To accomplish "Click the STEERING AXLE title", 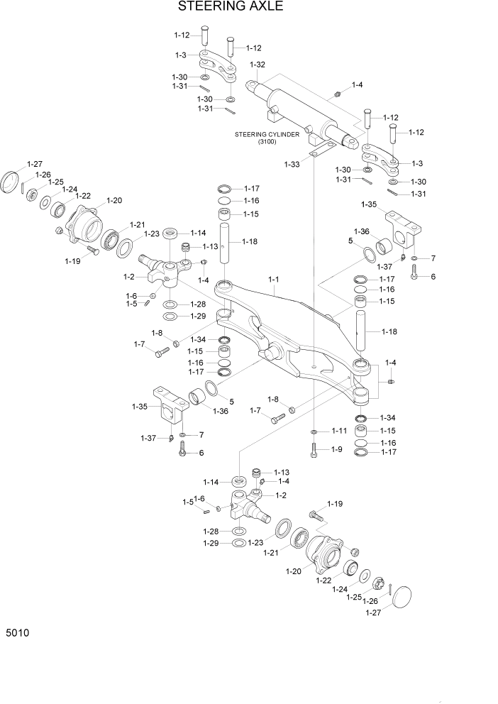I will (221, 8).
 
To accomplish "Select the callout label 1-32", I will (257, 65).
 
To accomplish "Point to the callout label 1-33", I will (292, 165).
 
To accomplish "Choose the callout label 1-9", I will (336, 449).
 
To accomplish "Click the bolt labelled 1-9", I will (314, 449).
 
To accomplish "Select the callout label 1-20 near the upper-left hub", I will (114, 200).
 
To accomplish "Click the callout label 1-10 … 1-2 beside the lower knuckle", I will (281, 495).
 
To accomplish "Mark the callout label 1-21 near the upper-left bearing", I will (137, 224).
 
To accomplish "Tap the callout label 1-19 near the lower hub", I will (334, 504).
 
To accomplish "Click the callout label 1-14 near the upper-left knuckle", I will (197, 233).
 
